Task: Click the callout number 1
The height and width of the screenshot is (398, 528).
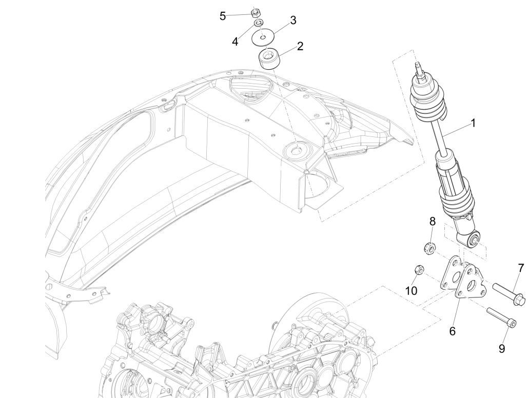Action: (473, 123)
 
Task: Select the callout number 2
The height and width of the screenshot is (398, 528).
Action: (300, 46)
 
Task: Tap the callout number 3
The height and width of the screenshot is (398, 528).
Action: (293, 21)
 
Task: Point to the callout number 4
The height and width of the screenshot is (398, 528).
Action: (235, 42)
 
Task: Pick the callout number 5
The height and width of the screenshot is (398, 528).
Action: (223, 16)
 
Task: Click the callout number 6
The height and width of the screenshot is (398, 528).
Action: (452, 331)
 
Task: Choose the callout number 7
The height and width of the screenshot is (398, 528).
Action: (521, 268)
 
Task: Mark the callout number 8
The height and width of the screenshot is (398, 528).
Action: (433, 222)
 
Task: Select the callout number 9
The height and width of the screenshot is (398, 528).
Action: (502, 349)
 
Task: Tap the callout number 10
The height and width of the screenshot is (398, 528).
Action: (411, 290)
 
